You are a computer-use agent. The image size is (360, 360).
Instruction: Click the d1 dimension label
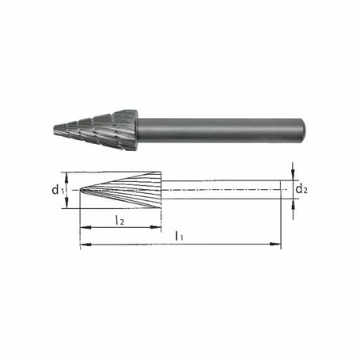[x=56, y=190]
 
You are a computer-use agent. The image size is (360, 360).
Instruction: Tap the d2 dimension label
[x=301, y=189]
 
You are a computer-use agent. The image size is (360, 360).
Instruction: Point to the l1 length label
[x=180, y=236]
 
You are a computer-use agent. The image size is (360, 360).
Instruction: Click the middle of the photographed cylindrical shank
[x=218, y=129]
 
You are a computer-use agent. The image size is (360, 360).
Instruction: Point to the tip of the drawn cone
[x=81, y=190]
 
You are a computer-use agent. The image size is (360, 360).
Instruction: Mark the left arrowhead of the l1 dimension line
[x=83, y=245]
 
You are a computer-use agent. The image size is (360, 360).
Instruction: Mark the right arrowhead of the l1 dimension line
[x=278, y=245]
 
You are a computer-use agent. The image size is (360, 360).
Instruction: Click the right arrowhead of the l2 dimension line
[x=159, y=228]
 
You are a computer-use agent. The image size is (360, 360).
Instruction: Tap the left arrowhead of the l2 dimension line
[x=83, y=228]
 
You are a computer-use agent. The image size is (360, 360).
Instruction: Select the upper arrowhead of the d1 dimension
[x=66, y=176]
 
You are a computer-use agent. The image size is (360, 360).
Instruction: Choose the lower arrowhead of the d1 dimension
[x=66, y=205]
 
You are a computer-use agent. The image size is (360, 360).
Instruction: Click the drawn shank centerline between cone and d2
[x=222, y=190]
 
